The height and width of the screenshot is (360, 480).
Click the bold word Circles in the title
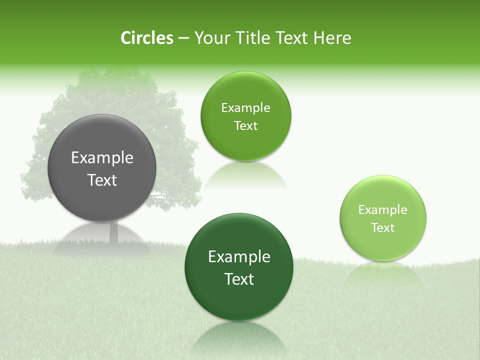pyautogui.click(x=147, y=38)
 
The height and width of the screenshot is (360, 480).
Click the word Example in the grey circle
pyautogui.click(x=102, y=158)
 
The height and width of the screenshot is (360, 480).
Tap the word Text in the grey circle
pyautogui.click(x=102, y=180)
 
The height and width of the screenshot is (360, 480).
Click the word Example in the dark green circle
pyautogui.click(x=239, y=257)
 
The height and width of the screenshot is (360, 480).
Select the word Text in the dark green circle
pyautogui.click(x=239, y=279)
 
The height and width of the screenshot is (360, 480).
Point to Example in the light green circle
pyautogui.click(x=383, y=210)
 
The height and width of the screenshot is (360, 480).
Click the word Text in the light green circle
pyautogui.click(x=383, y=228)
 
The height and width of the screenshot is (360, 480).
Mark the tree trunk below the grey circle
pyautogui.click(x=113, y=232)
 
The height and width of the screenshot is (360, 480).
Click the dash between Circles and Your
pyautogui.click(x=183, y=38)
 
